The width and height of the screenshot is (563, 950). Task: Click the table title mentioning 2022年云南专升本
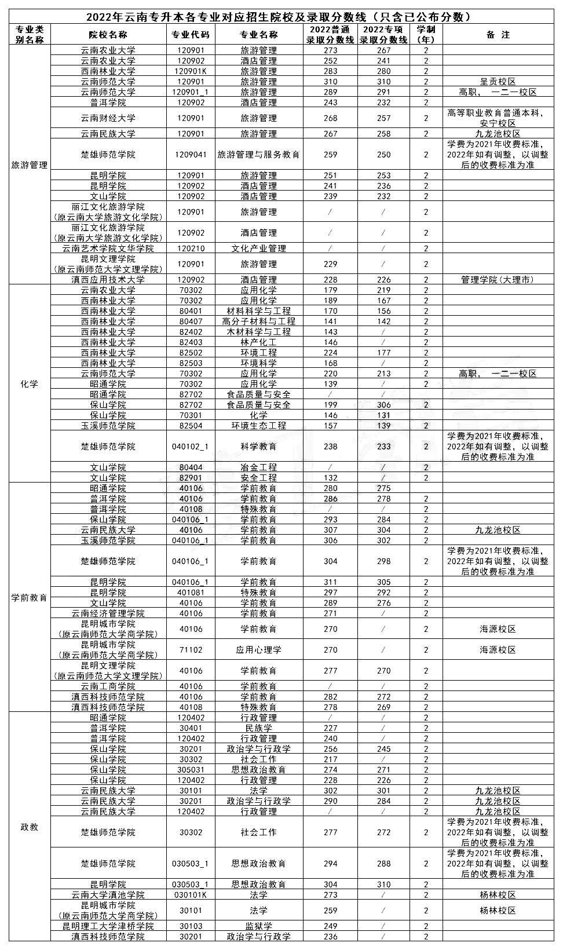coord(281,17)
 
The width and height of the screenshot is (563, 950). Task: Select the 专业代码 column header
coord(191,35)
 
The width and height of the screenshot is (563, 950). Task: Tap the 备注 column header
coord(498,35)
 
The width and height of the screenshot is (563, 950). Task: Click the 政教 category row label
coord(30,827)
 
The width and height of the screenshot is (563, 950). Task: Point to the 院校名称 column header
coord(108,35)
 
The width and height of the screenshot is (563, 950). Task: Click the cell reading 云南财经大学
coord(108,118)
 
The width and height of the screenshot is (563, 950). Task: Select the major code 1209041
coord(191,155)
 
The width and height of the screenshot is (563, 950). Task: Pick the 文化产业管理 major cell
coord(258,249)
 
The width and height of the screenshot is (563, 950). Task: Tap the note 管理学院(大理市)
coord(498,280)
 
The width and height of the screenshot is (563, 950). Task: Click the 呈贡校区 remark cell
coord(498,82)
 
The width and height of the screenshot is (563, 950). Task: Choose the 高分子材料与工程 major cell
coord(258,321)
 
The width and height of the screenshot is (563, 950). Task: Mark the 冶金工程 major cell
coord(258,467)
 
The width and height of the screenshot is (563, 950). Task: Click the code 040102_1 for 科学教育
coord(191,447)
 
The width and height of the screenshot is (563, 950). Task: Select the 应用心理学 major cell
coord(258,650)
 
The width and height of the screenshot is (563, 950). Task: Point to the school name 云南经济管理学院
coord(108,613)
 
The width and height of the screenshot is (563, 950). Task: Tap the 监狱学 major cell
coord(258,926)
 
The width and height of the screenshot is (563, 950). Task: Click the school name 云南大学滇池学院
coord(108,895)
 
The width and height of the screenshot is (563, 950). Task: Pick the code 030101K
coord(191,895)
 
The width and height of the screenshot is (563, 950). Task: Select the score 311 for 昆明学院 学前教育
coord(330,582)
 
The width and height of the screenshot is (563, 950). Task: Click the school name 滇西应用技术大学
coord(108,280)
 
